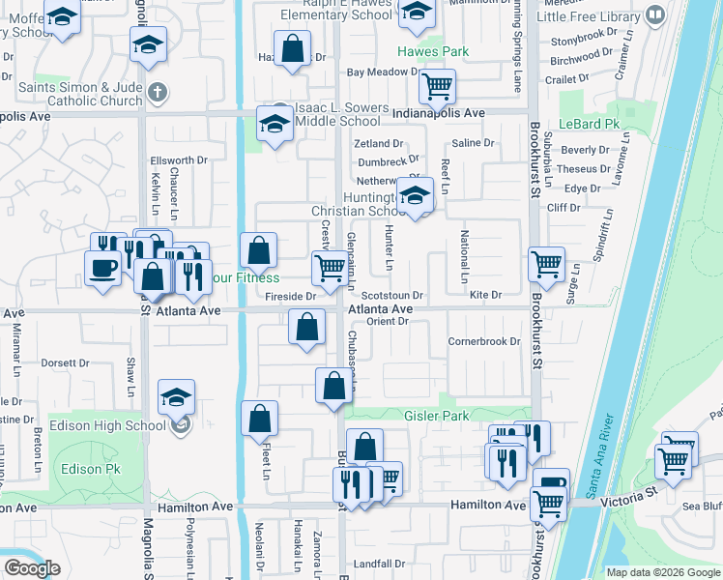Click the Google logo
(32, 568)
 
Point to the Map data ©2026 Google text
(662, 572)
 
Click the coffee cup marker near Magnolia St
(101, 268)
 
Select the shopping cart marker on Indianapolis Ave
(438, 86)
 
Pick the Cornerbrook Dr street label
(483, 341)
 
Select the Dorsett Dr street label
(64, 363)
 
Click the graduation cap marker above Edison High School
(177, 398)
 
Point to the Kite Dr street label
(486, 295)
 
